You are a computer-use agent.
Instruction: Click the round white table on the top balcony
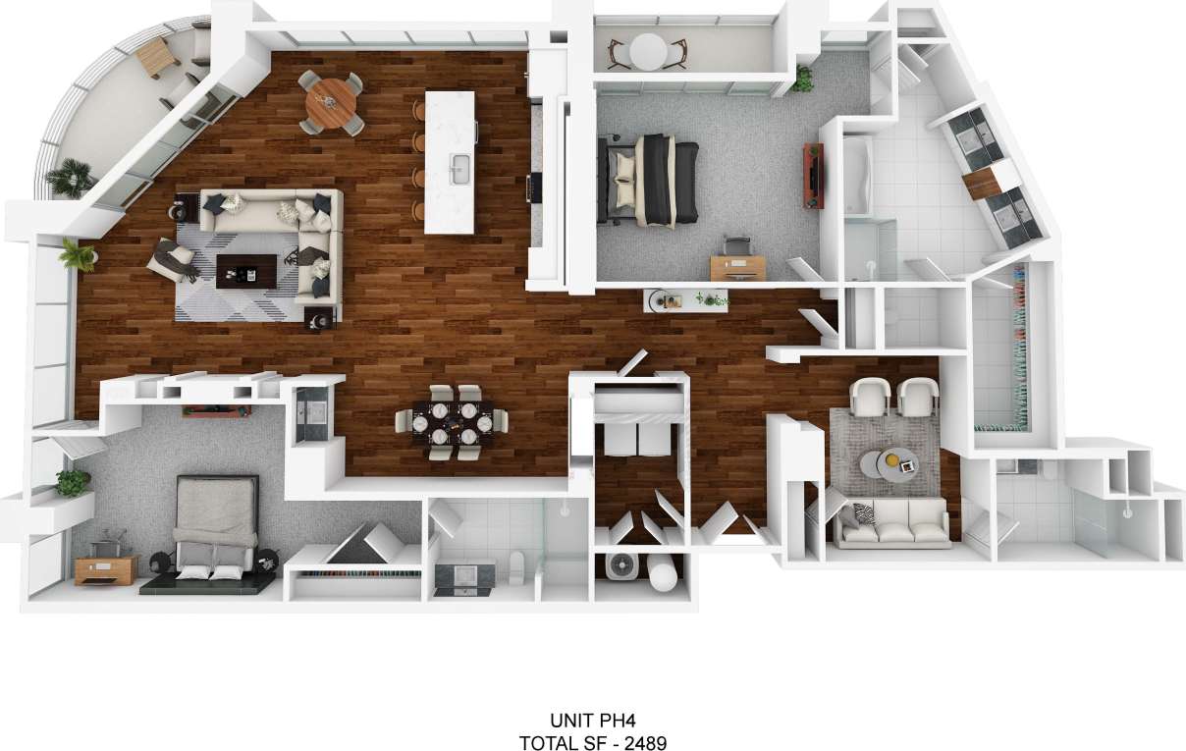(648, 50)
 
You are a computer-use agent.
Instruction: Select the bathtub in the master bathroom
(857, 175)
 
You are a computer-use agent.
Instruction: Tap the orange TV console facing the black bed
(813, 176)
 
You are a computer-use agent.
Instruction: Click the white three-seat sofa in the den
(891, 521)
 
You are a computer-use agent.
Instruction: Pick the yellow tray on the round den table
(896, 457)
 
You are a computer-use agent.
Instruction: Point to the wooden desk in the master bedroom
(737, 266)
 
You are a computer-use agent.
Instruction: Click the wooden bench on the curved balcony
(155, 59)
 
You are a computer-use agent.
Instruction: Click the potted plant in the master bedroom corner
(803, 79)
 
